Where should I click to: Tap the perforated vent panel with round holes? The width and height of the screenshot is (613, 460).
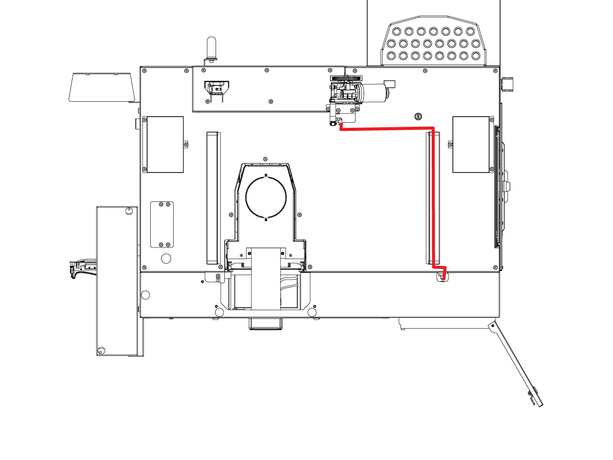point(434,44)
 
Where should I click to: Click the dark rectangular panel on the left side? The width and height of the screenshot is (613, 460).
point(165,144)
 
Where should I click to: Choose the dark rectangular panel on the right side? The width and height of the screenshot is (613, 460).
point(471,144)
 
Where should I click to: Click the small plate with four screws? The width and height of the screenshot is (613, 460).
point(161,224)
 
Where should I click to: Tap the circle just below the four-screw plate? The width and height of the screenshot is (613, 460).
point(166,258)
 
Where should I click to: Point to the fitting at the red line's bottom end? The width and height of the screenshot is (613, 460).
point(443,278)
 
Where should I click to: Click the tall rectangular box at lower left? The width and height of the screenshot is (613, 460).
point(117,281)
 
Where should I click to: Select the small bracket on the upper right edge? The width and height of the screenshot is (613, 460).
point(507,84)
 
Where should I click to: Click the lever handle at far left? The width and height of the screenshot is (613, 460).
point(82,268)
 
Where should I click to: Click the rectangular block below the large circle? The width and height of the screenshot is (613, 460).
point(266,279)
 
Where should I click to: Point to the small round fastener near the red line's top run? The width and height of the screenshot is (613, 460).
point(418,117)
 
